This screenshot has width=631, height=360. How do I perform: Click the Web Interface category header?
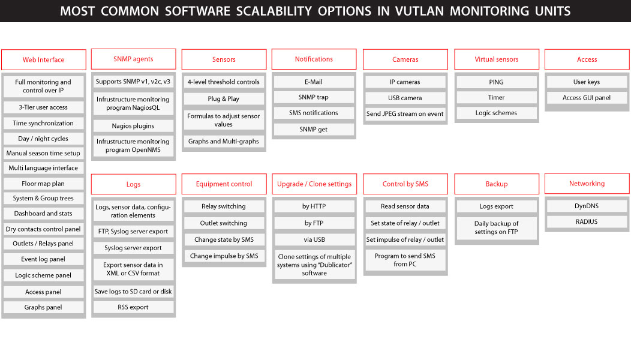click(43, 59)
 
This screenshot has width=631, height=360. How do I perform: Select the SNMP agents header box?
click(133, 59)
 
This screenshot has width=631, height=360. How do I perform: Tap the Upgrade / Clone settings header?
click(314, 184)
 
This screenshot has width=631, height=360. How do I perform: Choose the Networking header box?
click(587, 184)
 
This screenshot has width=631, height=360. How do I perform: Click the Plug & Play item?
click(224, 98)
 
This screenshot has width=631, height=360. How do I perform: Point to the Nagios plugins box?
click(133, 125)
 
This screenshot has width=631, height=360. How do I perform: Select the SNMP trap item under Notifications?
click(314, 97)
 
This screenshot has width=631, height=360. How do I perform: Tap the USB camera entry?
click(405, 98)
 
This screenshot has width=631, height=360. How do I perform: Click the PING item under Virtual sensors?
click(496, 82)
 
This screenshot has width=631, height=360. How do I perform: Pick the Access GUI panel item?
click(587, 97)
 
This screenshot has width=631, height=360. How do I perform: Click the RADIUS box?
click(587, 221)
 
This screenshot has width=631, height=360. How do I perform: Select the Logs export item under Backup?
click(496, 206)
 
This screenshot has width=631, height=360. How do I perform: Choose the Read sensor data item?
click(405, 206)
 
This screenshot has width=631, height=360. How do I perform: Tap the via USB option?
click(314, 239)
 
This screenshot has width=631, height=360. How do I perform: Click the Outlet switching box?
click(224, 223)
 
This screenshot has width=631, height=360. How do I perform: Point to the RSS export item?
click(133, 307)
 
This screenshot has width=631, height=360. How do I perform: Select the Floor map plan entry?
click(43, 184)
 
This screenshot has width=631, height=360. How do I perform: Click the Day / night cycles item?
click(43, 139)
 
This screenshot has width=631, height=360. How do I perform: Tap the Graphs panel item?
click(43, 307)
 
